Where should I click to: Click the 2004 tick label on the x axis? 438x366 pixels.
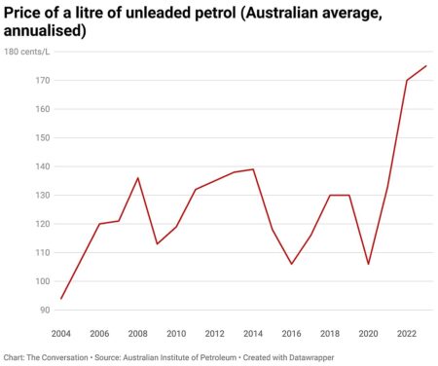pos(62,333)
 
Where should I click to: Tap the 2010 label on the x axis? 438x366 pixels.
pos(176,333)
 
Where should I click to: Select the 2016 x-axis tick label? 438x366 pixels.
pos(291,333)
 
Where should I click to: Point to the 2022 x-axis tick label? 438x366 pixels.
pos(406,333)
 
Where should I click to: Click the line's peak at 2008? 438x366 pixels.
pos(138,178)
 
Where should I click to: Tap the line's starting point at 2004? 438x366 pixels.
pos(62,299)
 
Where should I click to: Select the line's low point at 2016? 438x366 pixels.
pos(291,264)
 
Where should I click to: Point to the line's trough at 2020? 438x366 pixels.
pos(368,264)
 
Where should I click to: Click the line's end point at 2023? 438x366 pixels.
pos(425,66)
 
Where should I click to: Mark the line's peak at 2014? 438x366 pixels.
pos(253,169)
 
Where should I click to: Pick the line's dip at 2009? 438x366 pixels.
pos(158,243)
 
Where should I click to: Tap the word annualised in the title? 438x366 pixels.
pos(48,31)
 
